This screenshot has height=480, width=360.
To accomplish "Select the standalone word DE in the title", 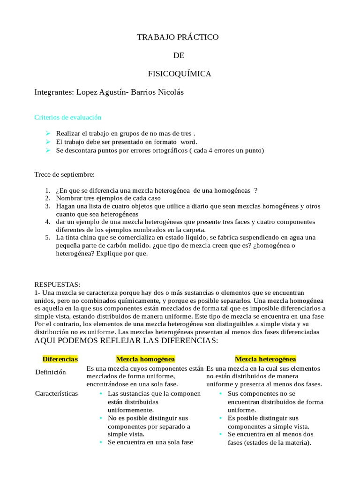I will (x=179, y=55).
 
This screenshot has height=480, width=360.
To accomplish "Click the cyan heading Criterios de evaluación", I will (x=68, y=117).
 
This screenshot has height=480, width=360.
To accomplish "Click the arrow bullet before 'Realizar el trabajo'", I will (x=48, y=134).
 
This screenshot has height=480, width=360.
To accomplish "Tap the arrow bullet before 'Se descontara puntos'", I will (x=48, y=150).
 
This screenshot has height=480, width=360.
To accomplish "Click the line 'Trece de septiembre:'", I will (x=65, y=174).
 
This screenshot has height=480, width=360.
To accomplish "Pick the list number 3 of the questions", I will (x=48, y=206).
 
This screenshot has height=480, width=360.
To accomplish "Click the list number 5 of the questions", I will (x=48, y=238).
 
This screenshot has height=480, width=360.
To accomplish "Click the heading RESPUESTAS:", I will (x=58, y=285).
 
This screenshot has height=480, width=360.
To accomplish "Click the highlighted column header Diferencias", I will (x=60, y=359).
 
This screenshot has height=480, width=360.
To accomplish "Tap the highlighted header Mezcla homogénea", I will (x=145, y=359).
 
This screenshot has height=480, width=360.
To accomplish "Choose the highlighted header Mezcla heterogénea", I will (x=265, y=359).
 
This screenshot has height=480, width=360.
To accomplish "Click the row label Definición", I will (x=51, y=372).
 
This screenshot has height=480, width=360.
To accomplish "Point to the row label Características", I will (x=57, y=393).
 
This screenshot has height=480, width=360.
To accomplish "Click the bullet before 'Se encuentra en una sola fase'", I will (x=101, y=442).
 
